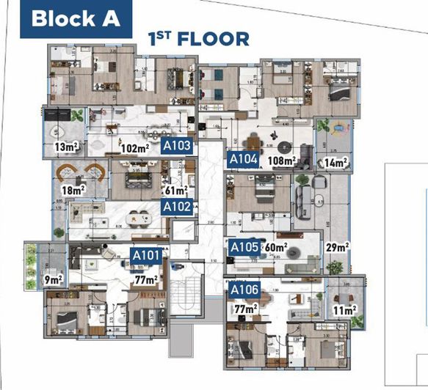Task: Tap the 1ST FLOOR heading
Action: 199,38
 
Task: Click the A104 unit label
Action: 243,158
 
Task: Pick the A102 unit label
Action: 178,207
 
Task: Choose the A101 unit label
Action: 145,255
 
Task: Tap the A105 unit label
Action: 244,246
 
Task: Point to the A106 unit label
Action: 244,290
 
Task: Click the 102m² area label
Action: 134,149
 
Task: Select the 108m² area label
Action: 282,161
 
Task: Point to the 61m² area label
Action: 176,191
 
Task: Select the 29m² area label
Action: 338,247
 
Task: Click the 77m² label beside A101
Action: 145,279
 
